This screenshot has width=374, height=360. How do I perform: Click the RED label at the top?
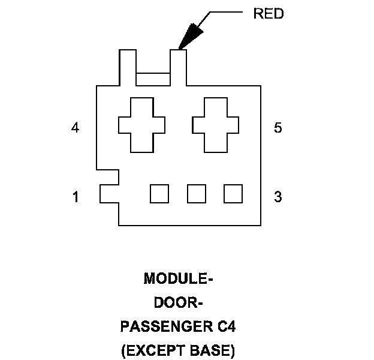coord(269,14)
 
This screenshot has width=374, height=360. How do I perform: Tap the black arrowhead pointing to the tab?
coord(190,36)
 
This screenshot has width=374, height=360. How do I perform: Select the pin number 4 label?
coord(75,128)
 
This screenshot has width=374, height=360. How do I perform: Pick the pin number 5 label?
coord(278,128)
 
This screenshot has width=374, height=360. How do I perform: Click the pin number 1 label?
coord(76,197)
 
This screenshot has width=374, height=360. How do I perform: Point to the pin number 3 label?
coord(278,197)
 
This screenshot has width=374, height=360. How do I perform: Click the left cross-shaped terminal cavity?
coord(142,125)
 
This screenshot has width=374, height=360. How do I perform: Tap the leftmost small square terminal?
coord(159,194)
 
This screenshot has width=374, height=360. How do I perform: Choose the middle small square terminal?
coord(197,194)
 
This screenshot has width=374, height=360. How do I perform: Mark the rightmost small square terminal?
coord(233,194)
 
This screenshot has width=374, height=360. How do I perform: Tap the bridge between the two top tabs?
coord(153,79)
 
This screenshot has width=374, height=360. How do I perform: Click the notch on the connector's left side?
coord(109,194)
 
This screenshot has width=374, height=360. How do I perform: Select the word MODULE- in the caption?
coord(179,279)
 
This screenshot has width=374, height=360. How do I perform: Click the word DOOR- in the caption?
coord(179,303)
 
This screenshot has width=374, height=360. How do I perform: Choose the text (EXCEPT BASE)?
coord(179,350)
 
